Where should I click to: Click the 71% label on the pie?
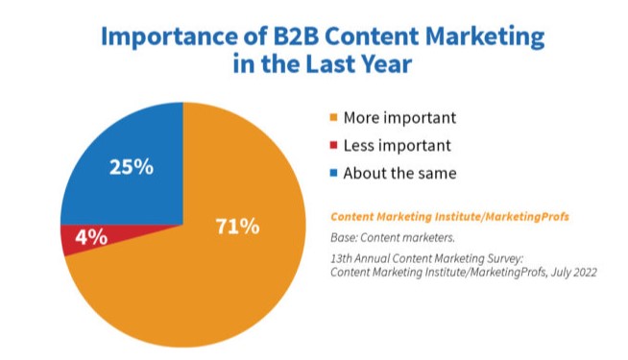[x=236, y=228]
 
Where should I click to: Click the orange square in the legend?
[x=333, y=119]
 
